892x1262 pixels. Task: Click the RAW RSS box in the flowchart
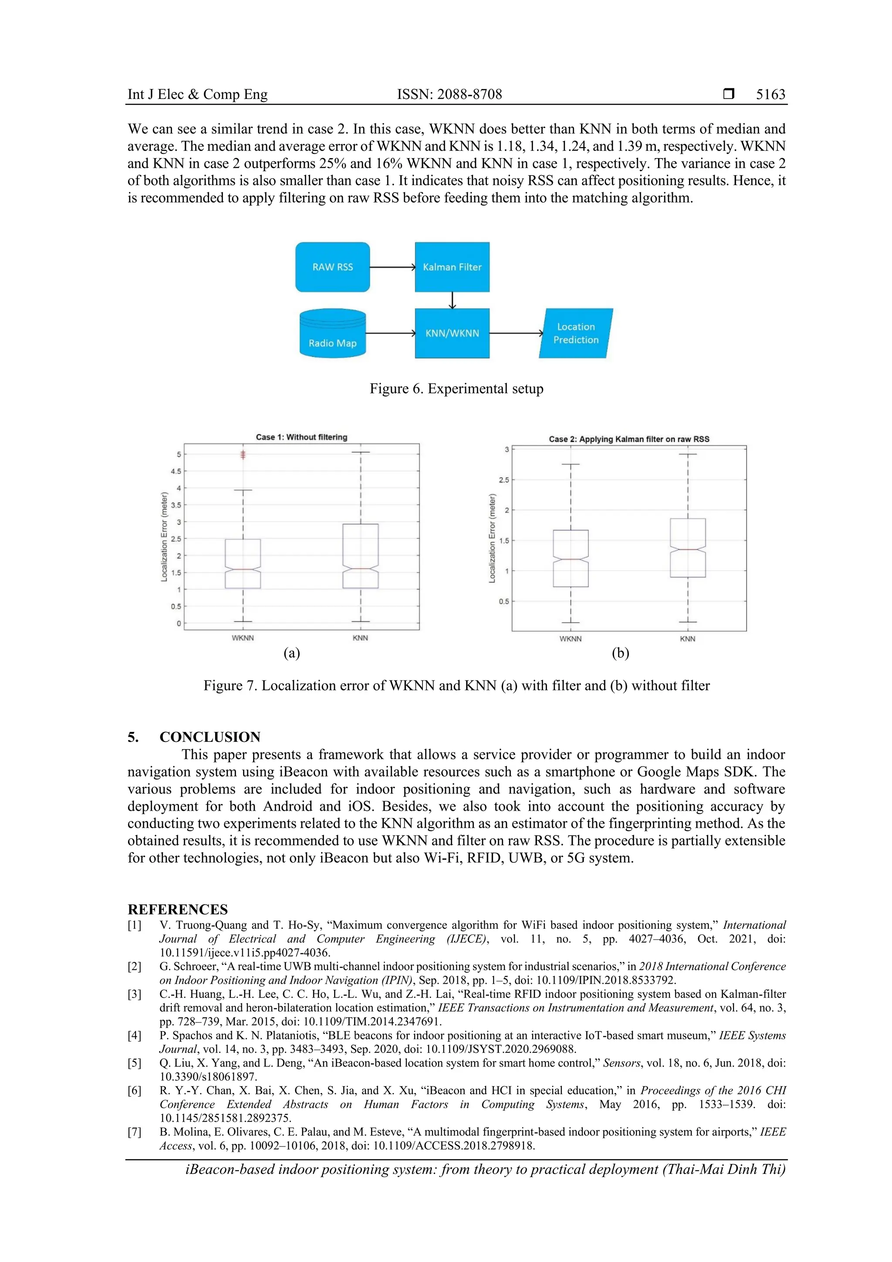coord(332,267)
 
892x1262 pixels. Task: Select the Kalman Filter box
coord(452,267)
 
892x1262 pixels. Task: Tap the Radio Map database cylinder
coord(332,334)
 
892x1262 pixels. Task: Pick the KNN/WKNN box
coord(452,333)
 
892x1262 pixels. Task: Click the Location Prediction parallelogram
coord(575,333)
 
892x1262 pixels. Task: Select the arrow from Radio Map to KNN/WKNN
coord(390,333)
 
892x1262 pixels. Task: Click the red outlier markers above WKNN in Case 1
coord(243,454)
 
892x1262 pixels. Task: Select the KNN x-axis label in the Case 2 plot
coord(688,639)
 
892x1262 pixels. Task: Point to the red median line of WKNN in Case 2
coord(571,559)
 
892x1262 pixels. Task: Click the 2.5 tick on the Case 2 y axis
coord(504,480)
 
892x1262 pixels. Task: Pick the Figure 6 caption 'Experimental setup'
coord(456,389)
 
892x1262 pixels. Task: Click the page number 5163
coord(770,95)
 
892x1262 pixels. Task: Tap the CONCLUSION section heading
coord(210,737)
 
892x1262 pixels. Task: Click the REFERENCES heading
coord(178,909)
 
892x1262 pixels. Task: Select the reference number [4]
coord(135,1035)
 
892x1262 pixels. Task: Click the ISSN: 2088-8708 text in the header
coord(449,95)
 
